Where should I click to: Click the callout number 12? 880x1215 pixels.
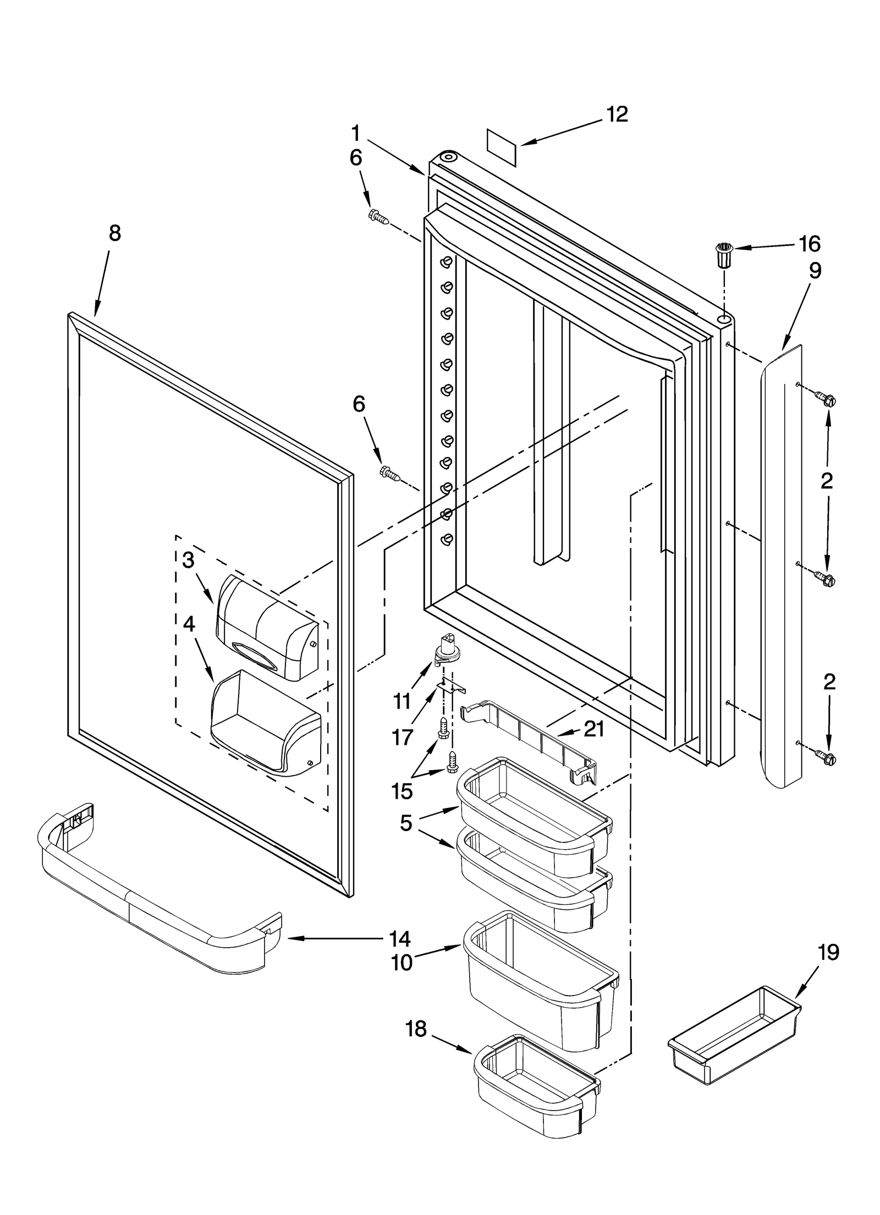coord(617,114)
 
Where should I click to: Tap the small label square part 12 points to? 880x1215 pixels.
coord(502,147)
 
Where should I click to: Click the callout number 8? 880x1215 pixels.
coord(114,233)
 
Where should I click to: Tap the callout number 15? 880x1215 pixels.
coord(402,791)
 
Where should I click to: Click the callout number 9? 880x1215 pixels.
coord(815,271)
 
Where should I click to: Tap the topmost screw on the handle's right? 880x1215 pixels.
coord(826,398)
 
